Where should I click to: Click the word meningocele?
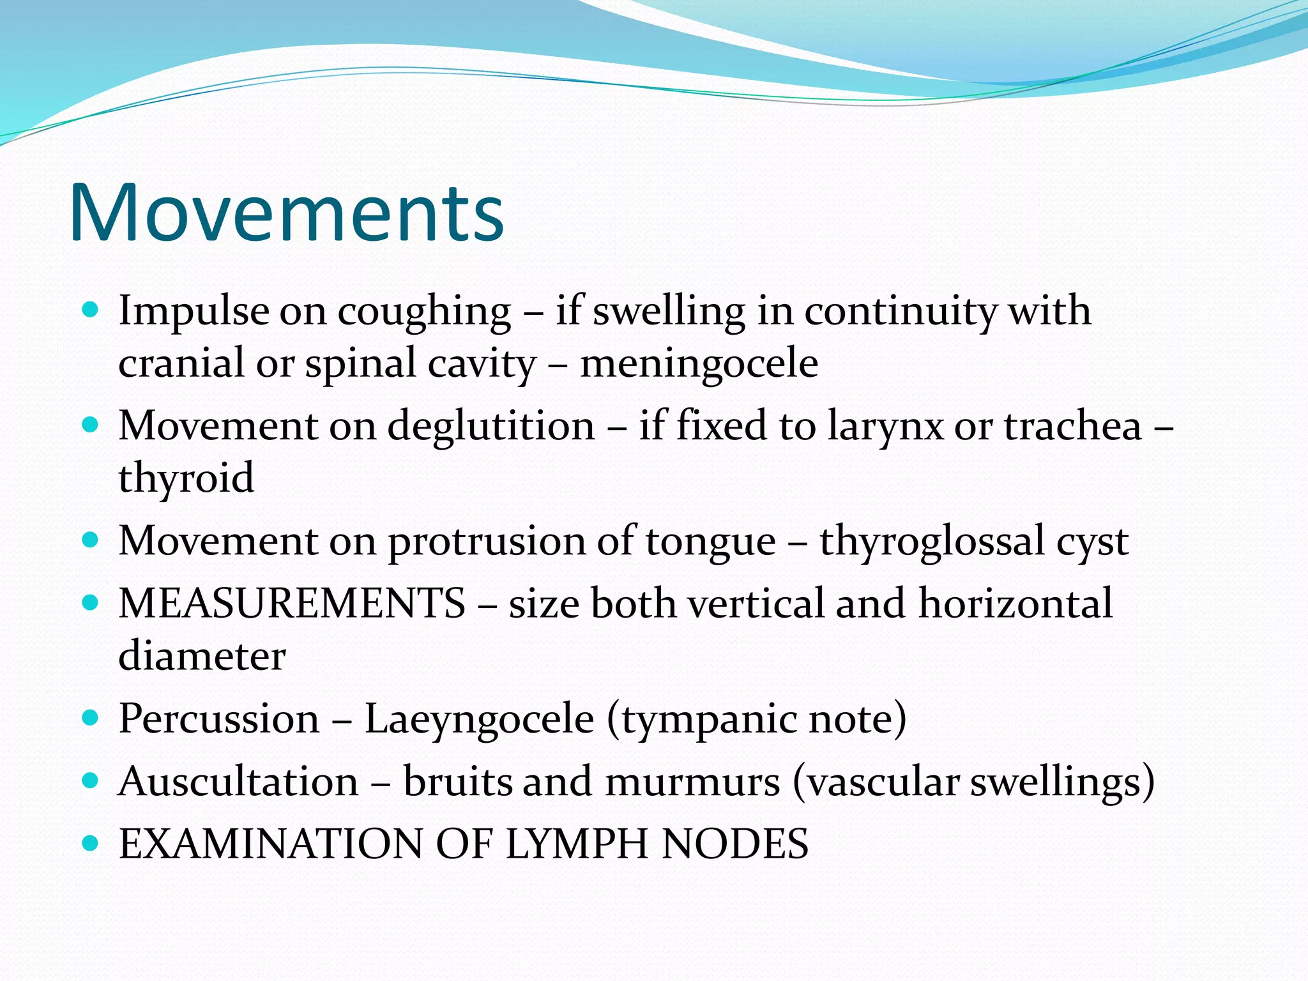699,363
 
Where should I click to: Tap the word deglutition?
490,426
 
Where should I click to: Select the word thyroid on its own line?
186,478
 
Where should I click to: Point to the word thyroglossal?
932,542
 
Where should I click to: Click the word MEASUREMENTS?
292,604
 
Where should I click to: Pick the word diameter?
202,656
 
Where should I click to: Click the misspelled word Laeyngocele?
479,719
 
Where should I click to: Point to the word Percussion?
219,719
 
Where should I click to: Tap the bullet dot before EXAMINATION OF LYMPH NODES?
91,844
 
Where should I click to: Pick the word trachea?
1072,426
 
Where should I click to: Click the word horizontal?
1015,604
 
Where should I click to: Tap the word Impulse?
194,312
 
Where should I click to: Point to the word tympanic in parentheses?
709,720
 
